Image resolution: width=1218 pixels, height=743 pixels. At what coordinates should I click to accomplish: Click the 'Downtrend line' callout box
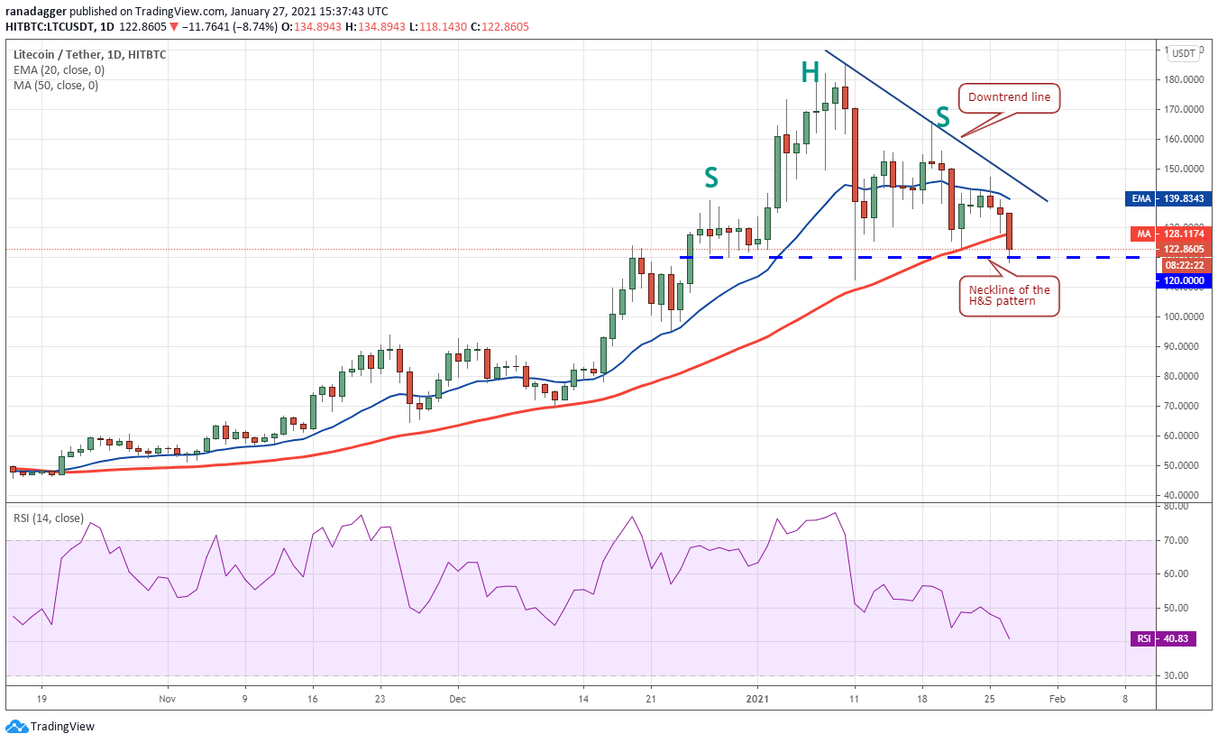(1009, 98)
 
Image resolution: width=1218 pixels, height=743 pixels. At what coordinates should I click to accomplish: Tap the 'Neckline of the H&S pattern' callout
(1009, 296)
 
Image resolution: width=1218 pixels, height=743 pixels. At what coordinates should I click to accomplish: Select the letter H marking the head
(810, 72)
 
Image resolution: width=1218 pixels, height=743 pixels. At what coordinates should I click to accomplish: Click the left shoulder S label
(710, 178)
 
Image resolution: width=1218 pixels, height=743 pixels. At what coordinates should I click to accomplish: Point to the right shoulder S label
(942, 117)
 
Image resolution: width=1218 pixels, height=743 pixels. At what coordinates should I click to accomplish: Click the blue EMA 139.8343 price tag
(1168, 198)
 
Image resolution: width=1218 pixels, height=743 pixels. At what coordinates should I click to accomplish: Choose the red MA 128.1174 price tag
(1171, 234)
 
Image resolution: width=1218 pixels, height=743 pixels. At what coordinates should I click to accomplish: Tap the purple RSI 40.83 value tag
(1163, 638)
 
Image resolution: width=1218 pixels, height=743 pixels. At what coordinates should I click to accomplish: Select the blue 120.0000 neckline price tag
(1183, 280)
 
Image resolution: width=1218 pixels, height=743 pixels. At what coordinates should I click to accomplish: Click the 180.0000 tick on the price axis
(1183, 79)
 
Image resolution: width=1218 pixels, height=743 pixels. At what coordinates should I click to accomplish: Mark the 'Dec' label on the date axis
(457, 699)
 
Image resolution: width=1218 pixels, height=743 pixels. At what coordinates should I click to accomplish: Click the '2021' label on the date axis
(757, 699)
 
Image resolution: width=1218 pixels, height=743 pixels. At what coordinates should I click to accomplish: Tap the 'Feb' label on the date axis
(1057, 699)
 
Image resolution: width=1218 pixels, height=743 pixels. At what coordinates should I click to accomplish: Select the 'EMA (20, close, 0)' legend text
(59, 70)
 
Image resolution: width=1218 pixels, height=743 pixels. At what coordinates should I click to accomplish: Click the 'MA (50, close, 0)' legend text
(56, 86)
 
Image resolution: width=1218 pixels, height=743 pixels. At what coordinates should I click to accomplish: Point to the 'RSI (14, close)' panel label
(49, 518)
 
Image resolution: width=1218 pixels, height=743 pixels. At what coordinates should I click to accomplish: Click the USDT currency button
(1183, 53)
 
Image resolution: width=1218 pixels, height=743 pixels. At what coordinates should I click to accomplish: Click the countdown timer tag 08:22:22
(1186, 265)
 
